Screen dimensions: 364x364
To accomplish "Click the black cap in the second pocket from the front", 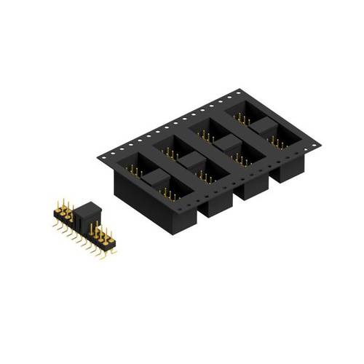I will click(191, 159).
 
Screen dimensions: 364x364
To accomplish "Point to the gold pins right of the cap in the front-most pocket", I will click(169, 193).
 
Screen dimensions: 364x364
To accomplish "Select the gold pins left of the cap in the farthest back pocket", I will click(243, 117).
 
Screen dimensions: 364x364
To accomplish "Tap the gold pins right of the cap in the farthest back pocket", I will click(277, 140).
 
